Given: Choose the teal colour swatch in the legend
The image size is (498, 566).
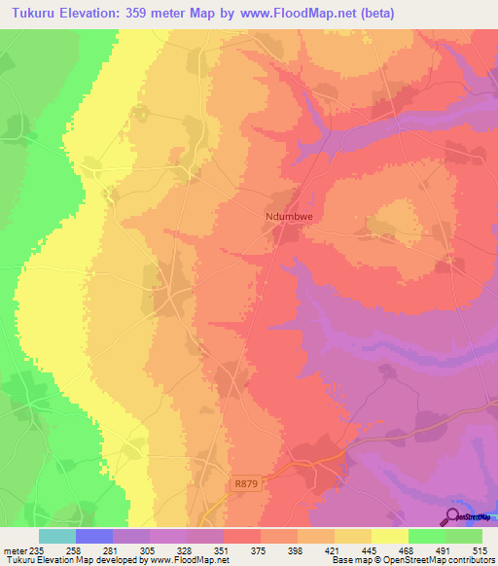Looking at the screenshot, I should (56, 537).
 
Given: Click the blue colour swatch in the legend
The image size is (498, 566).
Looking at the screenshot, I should (93, 537).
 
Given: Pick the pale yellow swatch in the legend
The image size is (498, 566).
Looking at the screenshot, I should (389, 537).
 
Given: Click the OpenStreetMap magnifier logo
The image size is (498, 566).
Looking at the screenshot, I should (453, 515).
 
